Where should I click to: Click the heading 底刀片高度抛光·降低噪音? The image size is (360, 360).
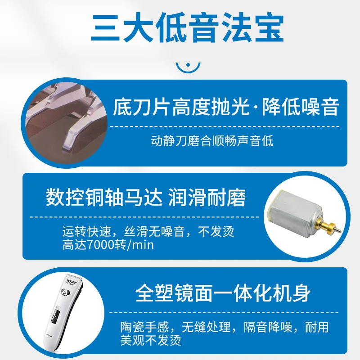pyautogui.click(x=226, y=107)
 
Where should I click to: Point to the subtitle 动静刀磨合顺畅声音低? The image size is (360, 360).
pyautogui.click(x=212, y=141)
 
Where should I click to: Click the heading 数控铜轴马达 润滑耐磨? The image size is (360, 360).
pyautogui.click(x=146, y=198)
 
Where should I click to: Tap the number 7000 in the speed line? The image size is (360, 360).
pyautogui.click(x=100, y=245)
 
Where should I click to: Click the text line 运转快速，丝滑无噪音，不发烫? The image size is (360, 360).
pyautogui.click(x=148, y=231)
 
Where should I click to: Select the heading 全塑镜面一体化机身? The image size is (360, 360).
pyautogui.click(x=223, y=293)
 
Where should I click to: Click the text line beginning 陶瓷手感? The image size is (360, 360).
pyautogui.click(x=225, y=327)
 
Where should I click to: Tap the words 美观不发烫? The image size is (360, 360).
pyautogui.click(x=151, y=340)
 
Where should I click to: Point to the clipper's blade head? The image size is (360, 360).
pyautogui.click(x=73, y=277)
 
